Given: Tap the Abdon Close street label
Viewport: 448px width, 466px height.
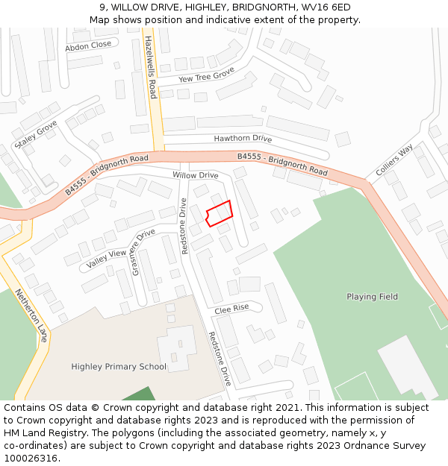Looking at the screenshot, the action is (x=88, y=45).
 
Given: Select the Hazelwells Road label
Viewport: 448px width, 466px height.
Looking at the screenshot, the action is (x=151, y=67).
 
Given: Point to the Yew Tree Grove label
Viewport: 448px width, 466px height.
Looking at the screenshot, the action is (x=207, y=76).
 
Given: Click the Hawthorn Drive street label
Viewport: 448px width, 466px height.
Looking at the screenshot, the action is (x=243, y=138).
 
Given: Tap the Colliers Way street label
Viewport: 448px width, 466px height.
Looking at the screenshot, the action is (x=394, y=161).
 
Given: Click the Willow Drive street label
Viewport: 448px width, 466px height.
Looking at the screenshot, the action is (x=196, y=174).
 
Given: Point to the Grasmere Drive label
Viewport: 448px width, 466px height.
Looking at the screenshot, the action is (x=143, y=252).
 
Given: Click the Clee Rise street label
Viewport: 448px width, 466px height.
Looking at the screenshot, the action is (x=231, y=308).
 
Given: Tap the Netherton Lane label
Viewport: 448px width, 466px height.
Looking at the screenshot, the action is (x=32, y=315).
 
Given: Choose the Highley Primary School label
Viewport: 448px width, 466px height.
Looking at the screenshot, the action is (x=119, y=366).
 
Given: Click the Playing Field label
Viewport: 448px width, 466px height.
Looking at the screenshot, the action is (x=372, y=297).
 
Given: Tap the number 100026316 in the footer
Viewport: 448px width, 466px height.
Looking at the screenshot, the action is (x=30, y=458).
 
